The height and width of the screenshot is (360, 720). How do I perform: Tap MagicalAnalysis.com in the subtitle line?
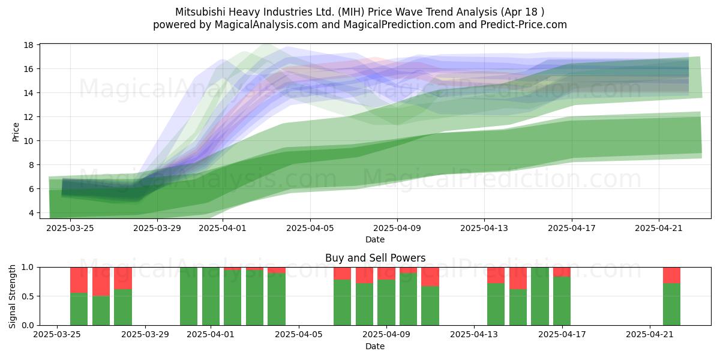266,25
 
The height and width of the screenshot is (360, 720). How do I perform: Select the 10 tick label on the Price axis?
29,141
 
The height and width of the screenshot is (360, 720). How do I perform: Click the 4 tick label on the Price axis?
31,213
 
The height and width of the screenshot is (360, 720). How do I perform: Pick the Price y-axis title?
16,132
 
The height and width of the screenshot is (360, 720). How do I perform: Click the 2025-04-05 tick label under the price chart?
310,228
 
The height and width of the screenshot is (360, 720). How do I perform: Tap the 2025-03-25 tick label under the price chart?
70,228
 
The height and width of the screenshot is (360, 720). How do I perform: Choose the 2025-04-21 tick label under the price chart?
659,228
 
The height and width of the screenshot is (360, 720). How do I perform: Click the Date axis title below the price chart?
375,239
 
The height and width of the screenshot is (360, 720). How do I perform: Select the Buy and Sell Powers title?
375,258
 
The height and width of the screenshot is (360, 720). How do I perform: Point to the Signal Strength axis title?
12,296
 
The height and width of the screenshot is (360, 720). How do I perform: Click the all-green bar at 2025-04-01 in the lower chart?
211,296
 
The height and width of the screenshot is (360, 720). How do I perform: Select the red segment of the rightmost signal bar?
672,275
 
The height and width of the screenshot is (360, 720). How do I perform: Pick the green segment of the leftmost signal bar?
79,309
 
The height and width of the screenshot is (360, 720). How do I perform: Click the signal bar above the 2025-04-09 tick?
386,296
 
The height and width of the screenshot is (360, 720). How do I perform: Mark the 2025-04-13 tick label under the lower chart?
474,335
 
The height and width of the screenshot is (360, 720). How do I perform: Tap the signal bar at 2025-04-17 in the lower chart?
562,296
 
